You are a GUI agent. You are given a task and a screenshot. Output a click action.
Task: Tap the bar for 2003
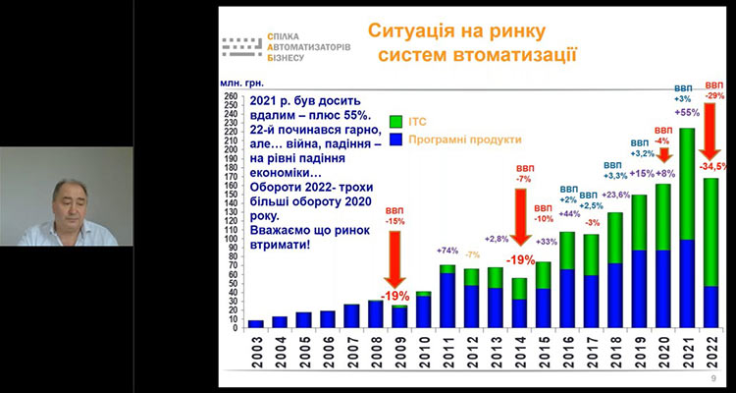click(x=256, y=323)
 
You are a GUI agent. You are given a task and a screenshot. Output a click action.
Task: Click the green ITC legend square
click(x=395, y=121)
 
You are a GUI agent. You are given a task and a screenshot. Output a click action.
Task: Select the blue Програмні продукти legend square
click(x=395, y=140)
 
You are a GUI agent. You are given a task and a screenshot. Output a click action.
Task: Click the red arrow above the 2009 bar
click(x=396, y=271)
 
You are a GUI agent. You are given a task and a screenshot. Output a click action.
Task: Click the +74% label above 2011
click(x=447, y=252)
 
